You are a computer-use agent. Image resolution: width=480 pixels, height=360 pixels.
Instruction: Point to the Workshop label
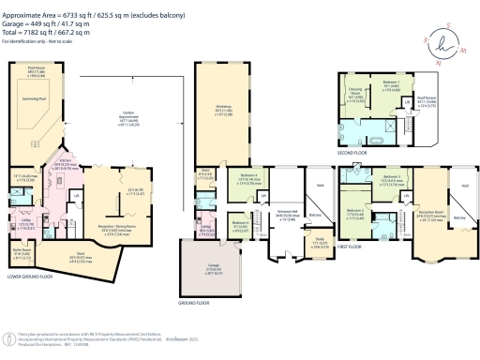pos(223,133)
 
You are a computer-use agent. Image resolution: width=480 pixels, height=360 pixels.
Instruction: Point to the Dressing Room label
pos(357,94)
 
